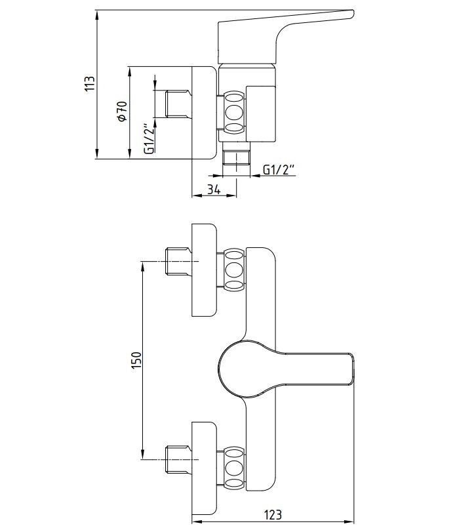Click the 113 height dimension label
point(90,83)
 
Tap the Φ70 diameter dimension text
point(122,111)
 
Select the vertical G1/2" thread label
point(149,138)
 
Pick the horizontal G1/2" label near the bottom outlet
point(279,169)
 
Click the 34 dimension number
point(214,190)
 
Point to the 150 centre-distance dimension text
point(136,360)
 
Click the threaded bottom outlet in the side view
point(236,158)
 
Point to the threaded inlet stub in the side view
point(177,104)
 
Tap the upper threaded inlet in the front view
point(177,261)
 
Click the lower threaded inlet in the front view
point(177,459)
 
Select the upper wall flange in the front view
point(204,270)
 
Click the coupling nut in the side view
point(234,112)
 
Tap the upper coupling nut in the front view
point(234,270)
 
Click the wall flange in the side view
point(204,113)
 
